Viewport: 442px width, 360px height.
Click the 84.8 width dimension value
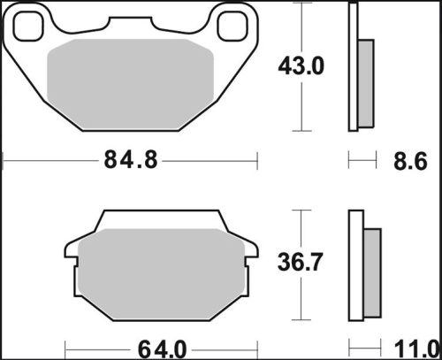pyautogui.click(x=130, y=161)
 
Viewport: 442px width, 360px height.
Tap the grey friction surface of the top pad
pyautogui.click(x=131, y=84)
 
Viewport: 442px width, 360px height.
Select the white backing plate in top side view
pyautogui.click(x=354, y=66)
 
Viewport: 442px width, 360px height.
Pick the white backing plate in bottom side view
pyautogui.click(x=356, y=264)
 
